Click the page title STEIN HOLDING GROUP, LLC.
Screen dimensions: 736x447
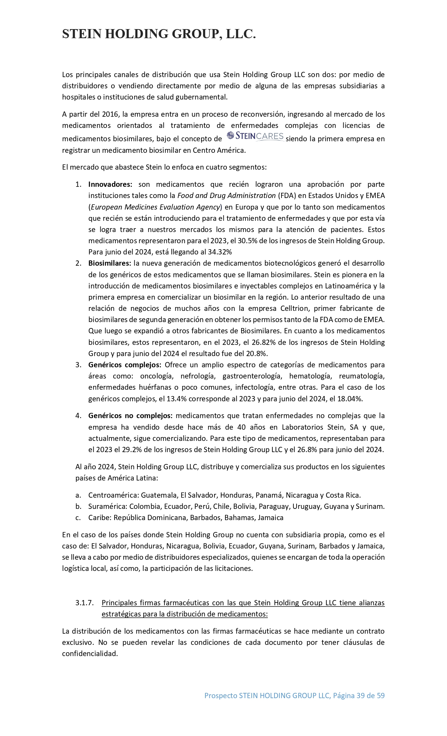tap(159, 34)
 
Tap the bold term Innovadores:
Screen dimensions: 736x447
tap(110, 184)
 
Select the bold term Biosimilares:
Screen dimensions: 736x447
tap(109, 263)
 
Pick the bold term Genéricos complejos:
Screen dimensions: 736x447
tap(125, 365)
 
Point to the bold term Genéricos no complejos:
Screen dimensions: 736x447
tap(130, 416)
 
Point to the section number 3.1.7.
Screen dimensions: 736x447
tap(84, 603)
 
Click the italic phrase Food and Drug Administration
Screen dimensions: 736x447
tap(226, 196)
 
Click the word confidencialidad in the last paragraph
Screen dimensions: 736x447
tap(89, 654)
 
